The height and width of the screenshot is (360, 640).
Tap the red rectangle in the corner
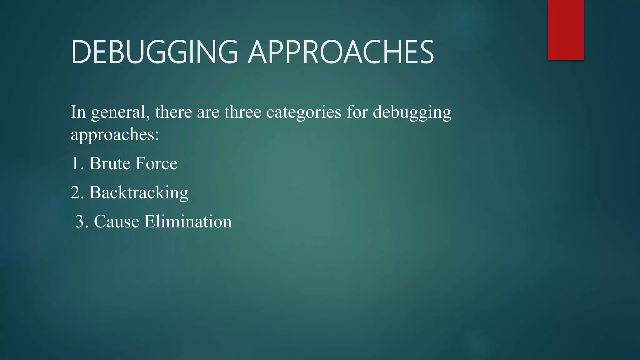(x=566, y=30)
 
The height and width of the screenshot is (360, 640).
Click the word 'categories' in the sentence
(x=304, y=112)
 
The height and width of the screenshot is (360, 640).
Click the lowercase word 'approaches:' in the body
(x=115, y=135)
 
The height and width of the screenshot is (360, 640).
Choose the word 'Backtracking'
(x=139, y=192)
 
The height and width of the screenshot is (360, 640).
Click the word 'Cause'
(x=116, y=222)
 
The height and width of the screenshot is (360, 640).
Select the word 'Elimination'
(x=188, y=222)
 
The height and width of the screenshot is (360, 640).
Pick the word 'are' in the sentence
(x=208, y=112)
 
